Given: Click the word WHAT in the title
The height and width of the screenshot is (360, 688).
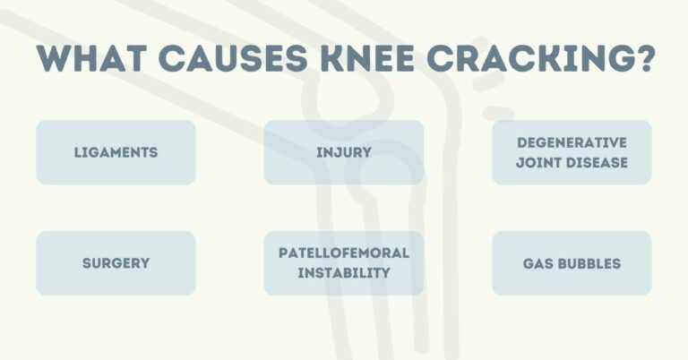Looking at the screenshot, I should click(95, 61).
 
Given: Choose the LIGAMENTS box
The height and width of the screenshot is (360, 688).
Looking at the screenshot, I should click(116, 152).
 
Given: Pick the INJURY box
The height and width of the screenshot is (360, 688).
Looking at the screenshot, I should click(343, 152).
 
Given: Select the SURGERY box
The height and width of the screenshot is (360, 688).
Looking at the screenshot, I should click(116, 263).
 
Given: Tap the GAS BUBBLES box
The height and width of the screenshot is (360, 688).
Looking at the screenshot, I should click(572, 263).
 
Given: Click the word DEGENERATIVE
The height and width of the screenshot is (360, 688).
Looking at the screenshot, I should click(572, 142).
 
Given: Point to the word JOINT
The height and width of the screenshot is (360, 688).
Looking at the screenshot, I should click(538, 162).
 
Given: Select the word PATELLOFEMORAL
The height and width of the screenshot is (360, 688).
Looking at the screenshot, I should click(343, 253).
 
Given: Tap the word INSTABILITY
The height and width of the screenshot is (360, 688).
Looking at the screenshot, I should click(343, 272).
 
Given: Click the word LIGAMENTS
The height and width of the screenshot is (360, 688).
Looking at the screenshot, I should click(116, 152).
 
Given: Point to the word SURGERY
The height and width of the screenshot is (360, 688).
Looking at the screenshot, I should click(116, 263).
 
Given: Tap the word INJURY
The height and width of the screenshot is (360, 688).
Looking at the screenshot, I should click(343, 152).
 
